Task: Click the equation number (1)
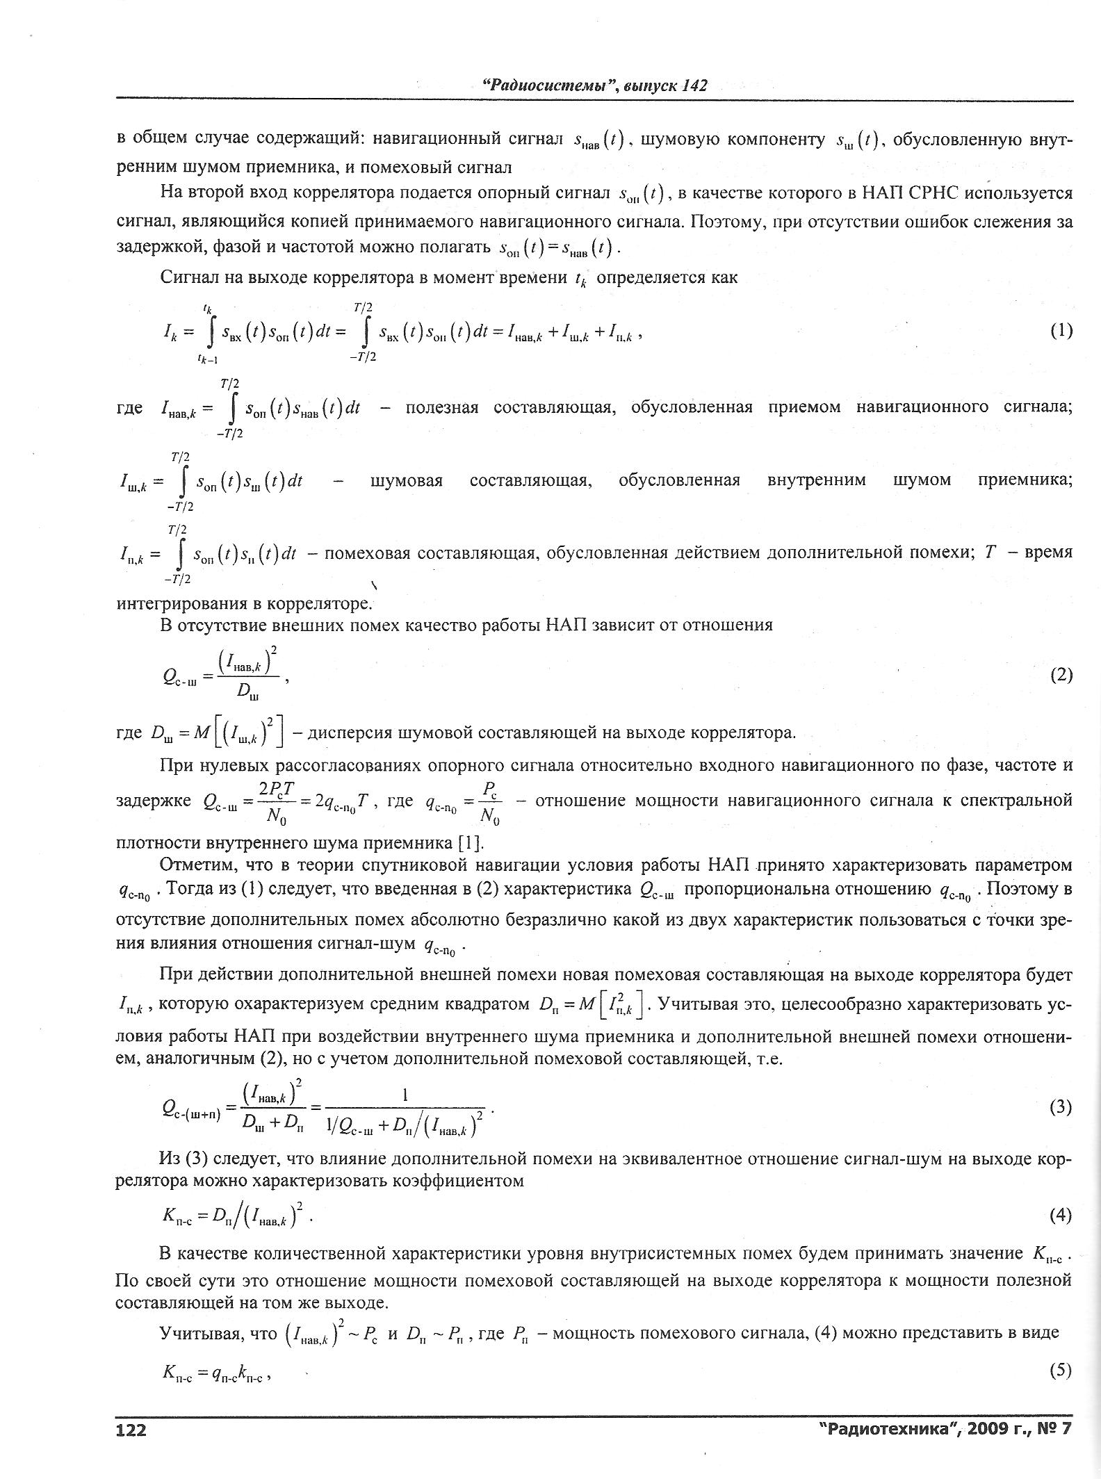click(x=1061, y=331)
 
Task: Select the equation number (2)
click(x=1061, y=675)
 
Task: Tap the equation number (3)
click(x=1061, y=1107)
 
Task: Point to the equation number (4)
click(x=1061, y=1215)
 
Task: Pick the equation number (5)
click(x=1061, y=1370)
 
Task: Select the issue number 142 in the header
click(x=694, y=85)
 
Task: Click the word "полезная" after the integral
click(x=441, y=407)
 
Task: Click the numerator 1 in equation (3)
click(x=405, y=1095)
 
